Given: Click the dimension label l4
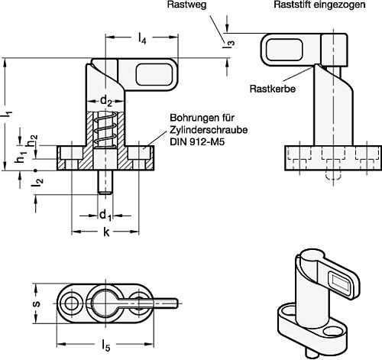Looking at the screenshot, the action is (142, 39).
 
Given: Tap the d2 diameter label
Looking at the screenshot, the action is (105, 101).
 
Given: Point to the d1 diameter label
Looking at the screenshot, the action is (105, 216).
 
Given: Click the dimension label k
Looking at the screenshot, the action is (106, 232).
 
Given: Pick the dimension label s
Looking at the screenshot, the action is (37, 303).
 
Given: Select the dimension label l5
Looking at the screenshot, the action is (105, 346).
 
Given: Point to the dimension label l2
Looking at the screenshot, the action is (37, 181).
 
